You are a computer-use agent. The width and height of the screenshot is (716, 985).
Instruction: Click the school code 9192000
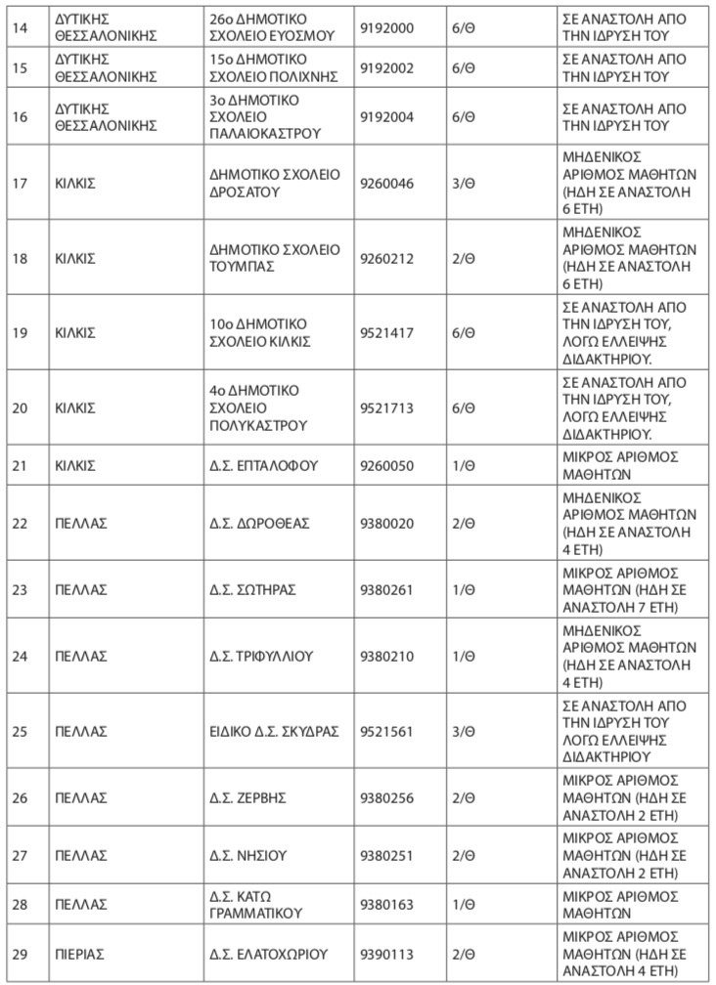(387, 27)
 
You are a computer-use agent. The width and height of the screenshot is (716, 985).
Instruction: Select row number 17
(19, 184)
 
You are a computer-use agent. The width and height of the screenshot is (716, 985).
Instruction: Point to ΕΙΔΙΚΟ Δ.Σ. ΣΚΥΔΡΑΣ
(275, 730)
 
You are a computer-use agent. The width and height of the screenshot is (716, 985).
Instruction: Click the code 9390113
(387, 953)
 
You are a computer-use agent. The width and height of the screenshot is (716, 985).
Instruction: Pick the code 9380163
(387, 904)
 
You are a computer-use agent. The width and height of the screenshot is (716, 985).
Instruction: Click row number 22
(19, 523)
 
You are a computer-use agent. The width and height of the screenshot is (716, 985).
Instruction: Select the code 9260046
(387, 184)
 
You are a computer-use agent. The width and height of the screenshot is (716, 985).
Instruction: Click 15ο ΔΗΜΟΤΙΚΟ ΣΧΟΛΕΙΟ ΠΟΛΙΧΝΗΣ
(275, 68)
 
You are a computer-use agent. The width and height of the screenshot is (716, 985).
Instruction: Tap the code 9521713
(387, 407)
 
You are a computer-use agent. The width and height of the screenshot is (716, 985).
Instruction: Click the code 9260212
(387, 258)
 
